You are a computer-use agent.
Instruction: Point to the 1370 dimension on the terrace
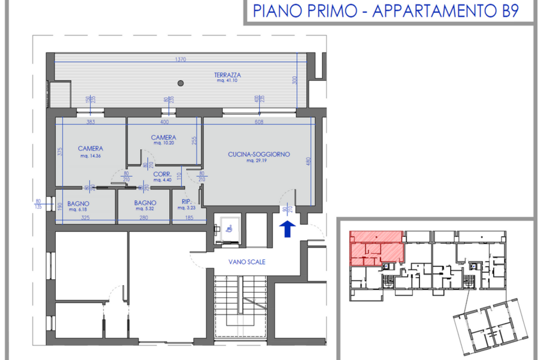pyautogui.click(x=181, y=59)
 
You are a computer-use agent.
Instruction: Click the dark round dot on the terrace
pyautogui.click(x=181, y=83)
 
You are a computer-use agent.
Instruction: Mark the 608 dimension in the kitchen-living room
pyautogui.click(x=259, y=121)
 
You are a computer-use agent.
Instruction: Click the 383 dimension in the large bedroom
pyautogui.click(x=90, y=122)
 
